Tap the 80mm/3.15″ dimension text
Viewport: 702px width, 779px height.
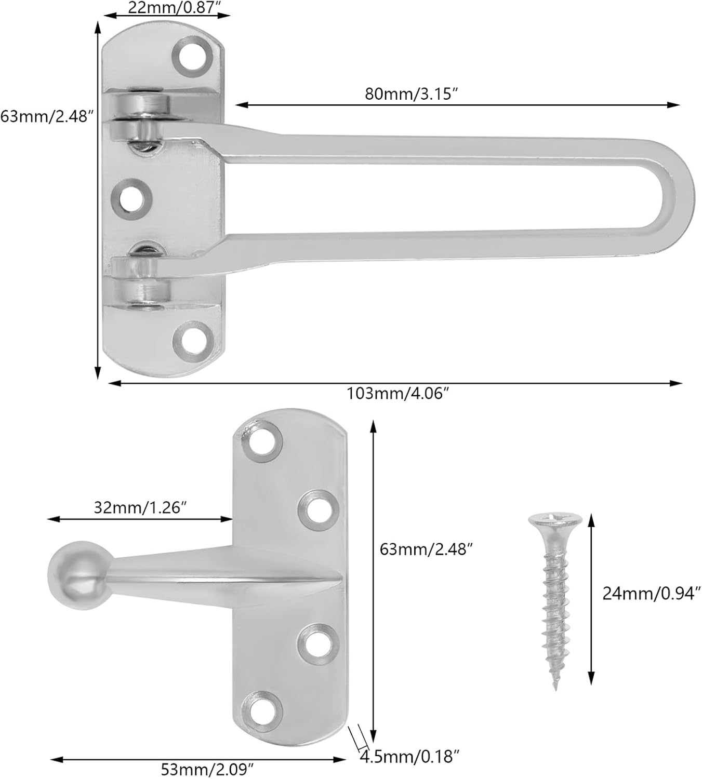419,94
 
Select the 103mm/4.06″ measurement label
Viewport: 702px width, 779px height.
398,394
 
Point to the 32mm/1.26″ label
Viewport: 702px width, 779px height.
140,507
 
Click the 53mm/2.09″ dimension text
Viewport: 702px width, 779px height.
207,769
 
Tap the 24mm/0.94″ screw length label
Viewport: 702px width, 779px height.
652,593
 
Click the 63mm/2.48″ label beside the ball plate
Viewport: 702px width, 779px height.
426,548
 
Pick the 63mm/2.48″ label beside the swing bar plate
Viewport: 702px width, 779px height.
47,115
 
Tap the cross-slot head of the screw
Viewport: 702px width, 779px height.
555,519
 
